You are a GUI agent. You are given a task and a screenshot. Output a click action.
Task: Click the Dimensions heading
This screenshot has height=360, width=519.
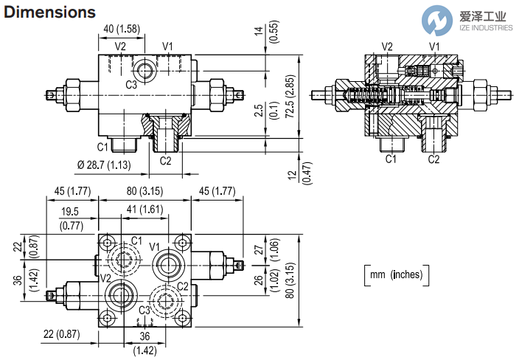click(50, 13)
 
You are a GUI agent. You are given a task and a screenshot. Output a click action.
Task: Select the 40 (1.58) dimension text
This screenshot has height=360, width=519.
click(123, 29)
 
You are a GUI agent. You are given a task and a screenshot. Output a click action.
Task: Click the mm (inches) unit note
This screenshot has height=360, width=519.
click(397, 274)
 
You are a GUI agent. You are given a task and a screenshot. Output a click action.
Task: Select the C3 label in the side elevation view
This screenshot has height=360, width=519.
click(130, 85)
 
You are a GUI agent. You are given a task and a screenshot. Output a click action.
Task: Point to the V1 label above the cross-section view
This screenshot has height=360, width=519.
click(434, 46)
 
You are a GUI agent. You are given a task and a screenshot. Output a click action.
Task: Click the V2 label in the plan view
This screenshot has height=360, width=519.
click(106, 277)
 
